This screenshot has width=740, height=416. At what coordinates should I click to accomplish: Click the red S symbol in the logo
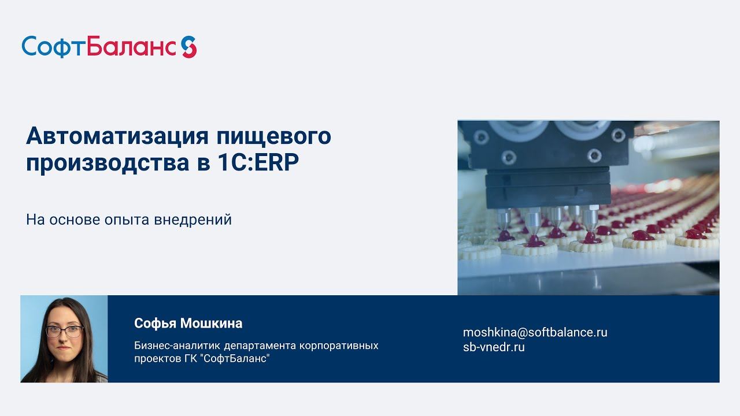188,46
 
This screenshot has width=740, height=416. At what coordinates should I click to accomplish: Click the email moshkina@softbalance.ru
535,332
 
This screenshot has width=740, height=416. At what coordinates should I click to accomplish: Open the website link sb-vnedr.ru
494,347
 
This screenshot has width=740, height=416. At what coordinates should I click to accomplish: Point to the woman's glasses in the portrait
64,331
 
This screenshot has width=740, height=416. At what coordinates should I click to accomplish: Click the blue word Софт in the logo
54,46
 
